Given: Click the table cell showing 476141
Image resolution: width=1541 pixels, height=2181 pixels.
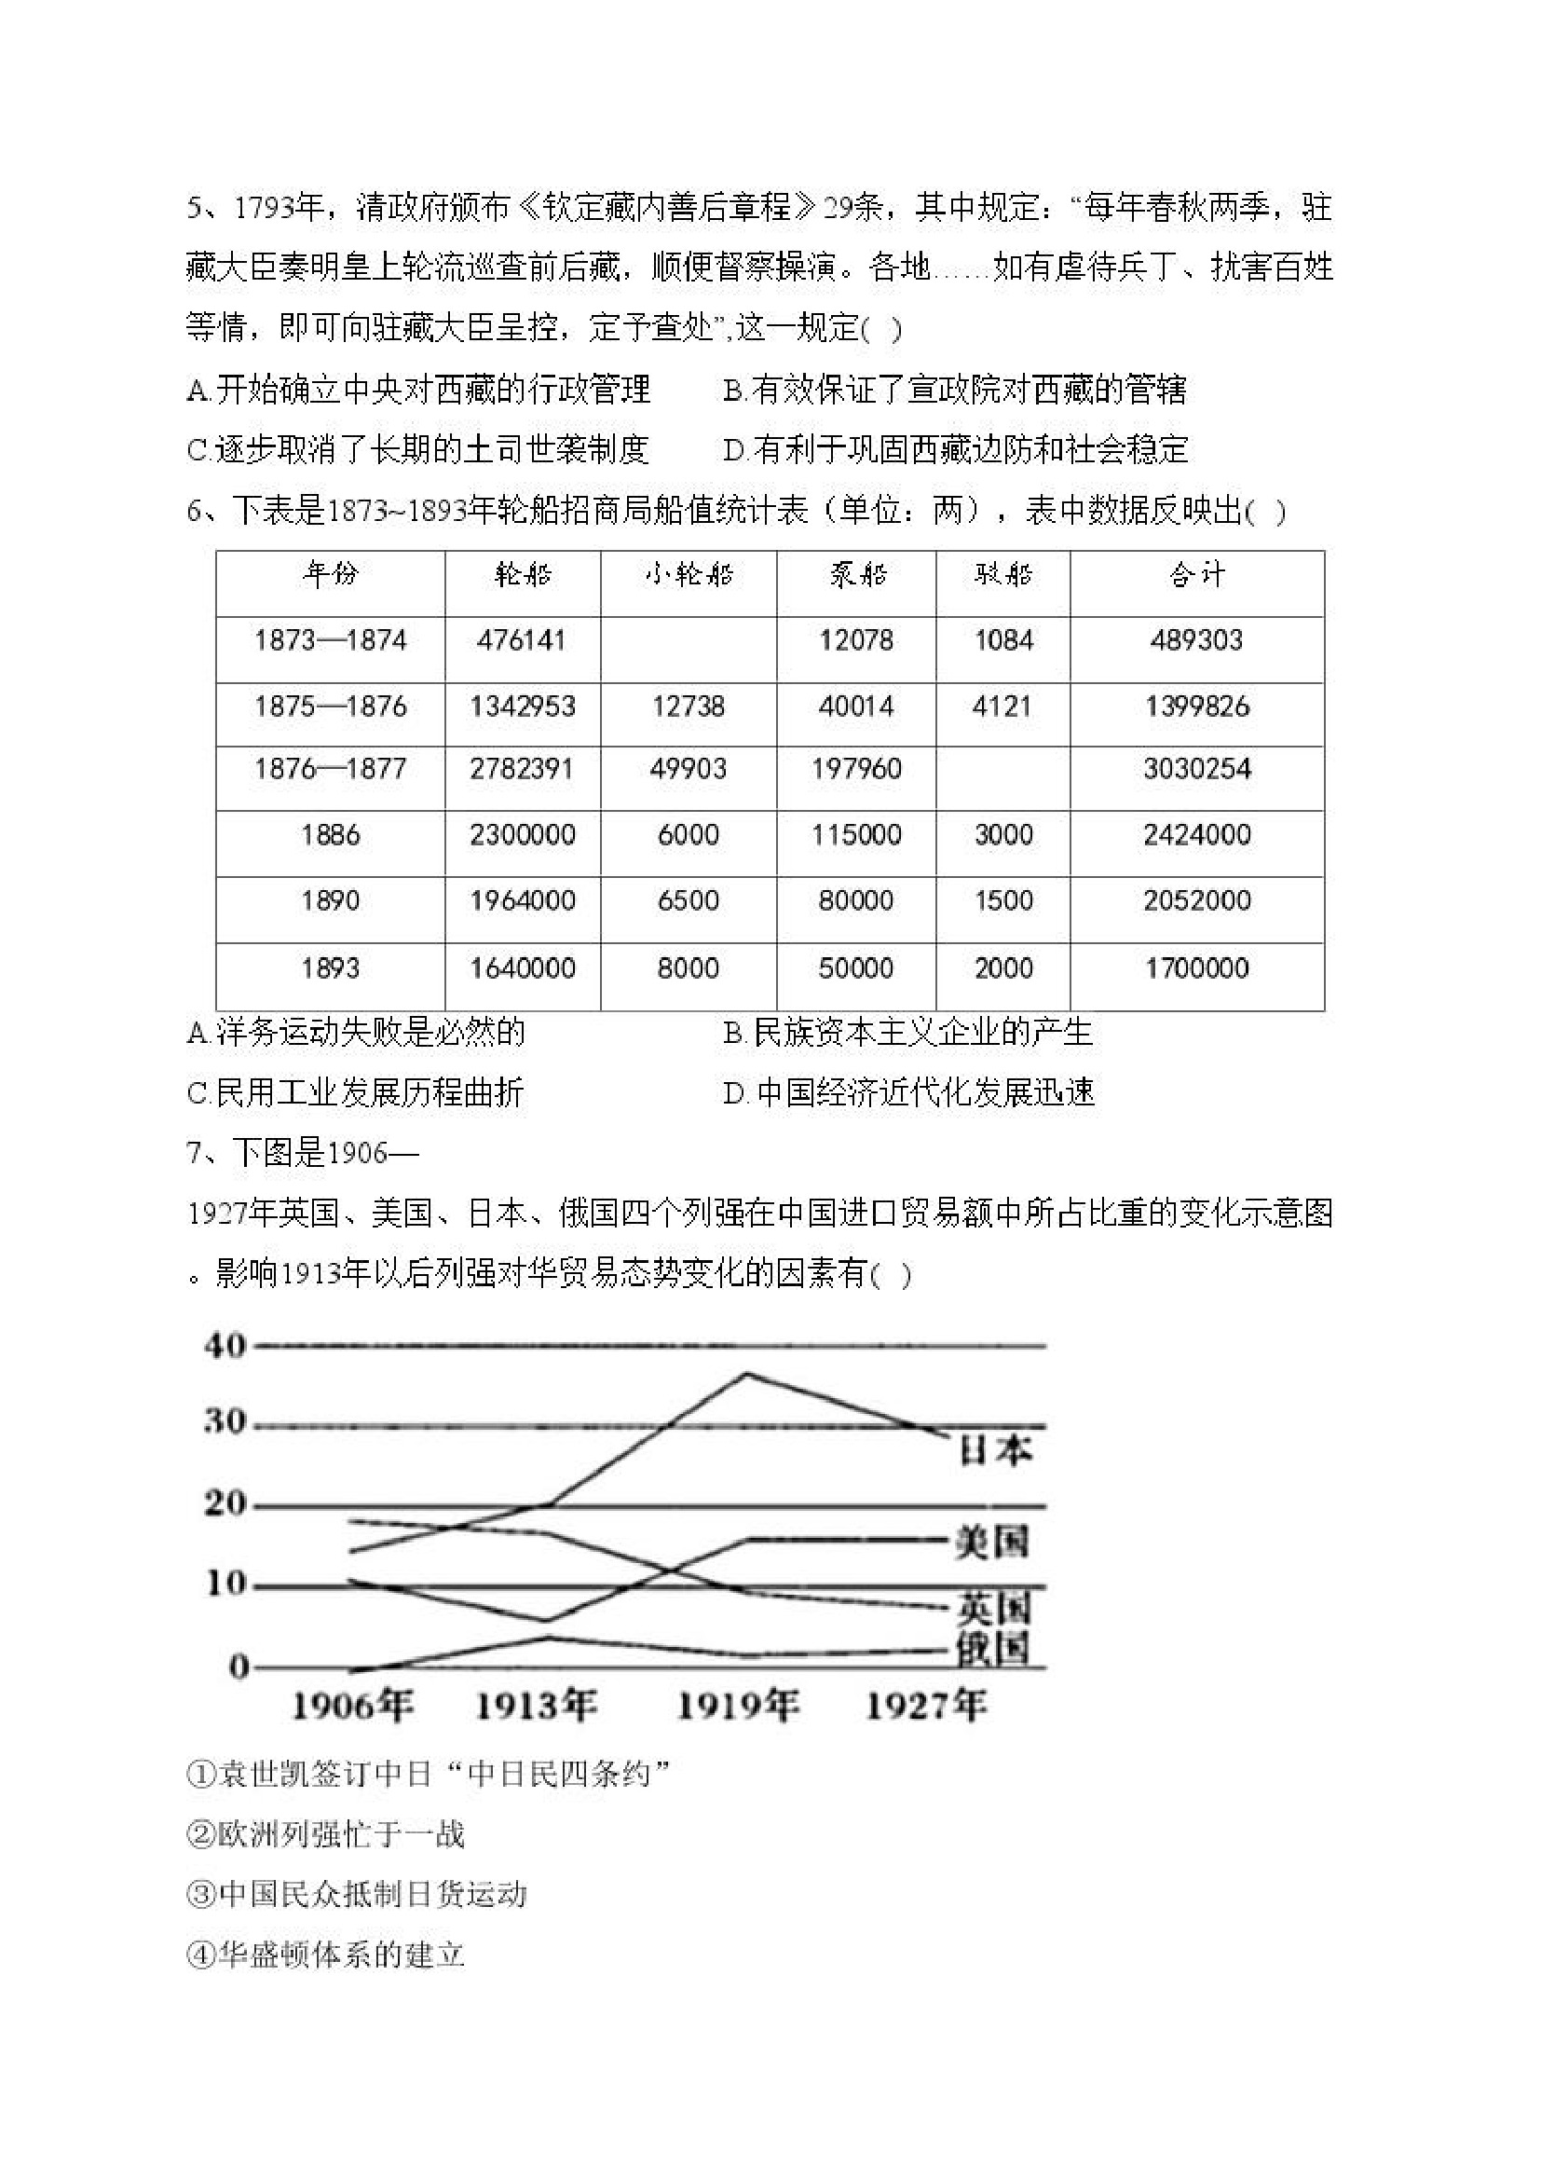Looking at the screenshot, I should (x=521, y=640).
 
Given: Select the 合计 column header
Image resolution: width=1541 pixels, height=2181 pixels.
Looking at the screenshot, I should (x=1196, y=575).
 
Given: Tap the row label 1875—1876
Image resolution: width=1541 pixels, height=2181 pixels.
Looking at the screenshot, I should (x=330, y=706).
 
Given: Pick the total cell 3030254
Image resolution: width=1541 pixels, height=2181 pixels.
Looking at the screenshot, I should (x=1196, y=769).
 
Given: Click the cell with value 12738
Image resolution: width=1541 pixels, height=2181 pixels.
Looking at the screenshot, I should (x=689, y=706).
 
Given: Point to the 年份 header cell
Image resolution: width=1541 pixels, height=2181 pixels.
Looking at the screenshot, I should (x=330, y=575).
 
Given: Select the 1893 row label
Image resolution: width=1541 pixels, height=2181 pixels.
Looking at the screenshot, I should (x=330, y=969).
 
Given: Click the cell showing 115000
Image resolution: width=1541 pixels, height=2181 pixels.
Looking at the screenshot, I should (x=855, y=835).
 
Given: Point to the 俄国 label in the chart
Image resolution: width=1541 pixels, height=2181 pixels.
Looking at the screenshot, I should (x=992, y=1650).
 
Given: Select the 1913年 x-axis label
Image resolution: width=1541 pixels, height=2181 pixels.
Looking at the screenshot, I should (x=536, y=1707).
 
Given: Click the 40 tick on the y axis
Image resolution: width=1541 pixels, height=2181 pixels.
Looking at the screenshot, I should (x=225, y=1345).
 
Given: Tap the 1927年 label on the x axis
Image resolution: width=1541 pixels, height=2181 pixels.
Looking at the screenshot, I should (x=926, y=1707).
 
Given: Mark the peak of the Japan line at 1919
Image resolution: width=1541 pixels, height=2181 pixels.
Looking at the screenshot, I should (x=746, y=1374).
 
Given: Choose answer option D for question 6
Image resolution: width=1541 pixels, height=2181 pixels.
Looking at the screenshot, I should (x=907, y=1092).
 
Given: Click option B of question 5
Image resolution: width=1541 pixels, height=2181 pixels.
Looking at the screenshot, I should (x=954, y=390).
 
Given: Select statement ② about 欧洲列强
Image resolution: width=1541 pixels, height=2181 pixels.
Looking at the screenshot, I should (x=326, y=1833).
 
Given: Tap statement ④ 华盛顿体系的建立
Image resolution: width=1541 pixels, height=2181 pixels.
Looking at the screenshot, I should (x=326, y=1955).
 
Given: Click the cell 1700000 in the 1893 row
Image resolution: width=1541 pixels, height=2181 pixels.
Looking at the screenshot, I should (x=1196, y=969).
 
